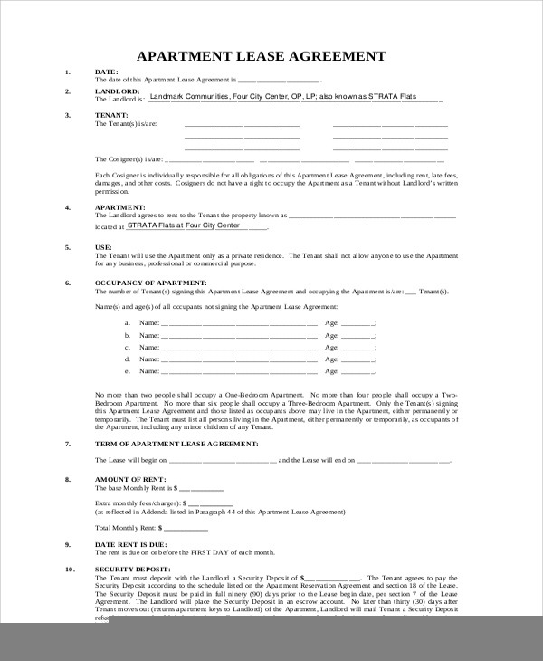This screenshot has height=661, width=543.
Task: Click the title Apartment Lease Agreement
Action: click(261, 56)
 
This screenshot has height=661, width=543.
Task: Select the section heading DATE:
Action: click(106, 71)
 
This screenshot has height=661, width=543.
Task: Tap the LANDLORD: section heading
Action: click(117, 91)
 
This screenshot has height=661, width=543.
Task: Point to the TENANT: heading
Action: click(110, 115)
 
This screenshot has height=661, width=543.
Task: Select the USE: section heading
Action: click(103, 246)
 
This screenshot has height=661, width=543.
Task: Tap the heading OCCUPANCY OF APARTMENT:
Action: click(152, 283)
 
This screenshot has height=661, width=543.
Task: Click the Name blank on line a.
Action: click(240, 323)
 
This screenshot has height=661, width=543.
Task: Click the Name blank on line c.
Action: click(240, 348)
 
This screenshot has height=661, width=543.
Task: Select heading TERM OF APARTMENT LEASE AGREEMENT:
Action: click(176, 444)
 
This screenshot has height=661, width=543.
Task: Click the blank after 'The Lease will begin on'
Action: click(224, 462)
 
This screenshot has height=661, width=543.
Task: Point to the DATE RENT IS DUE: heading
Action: click(132, 544)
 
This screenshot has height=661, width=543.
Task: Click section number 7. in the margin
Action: click(68, 444)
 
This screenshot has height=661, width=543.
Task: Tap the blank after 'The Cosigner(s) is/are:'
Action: click(242, 158)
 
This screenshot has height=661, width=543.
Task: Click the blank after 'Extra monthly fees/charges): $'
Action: click(211, 503)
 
